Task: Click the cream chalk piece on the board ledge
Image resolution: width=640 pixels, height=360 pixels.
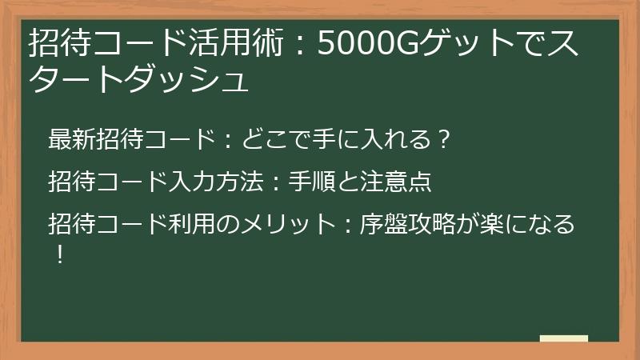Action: (564, 339)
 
